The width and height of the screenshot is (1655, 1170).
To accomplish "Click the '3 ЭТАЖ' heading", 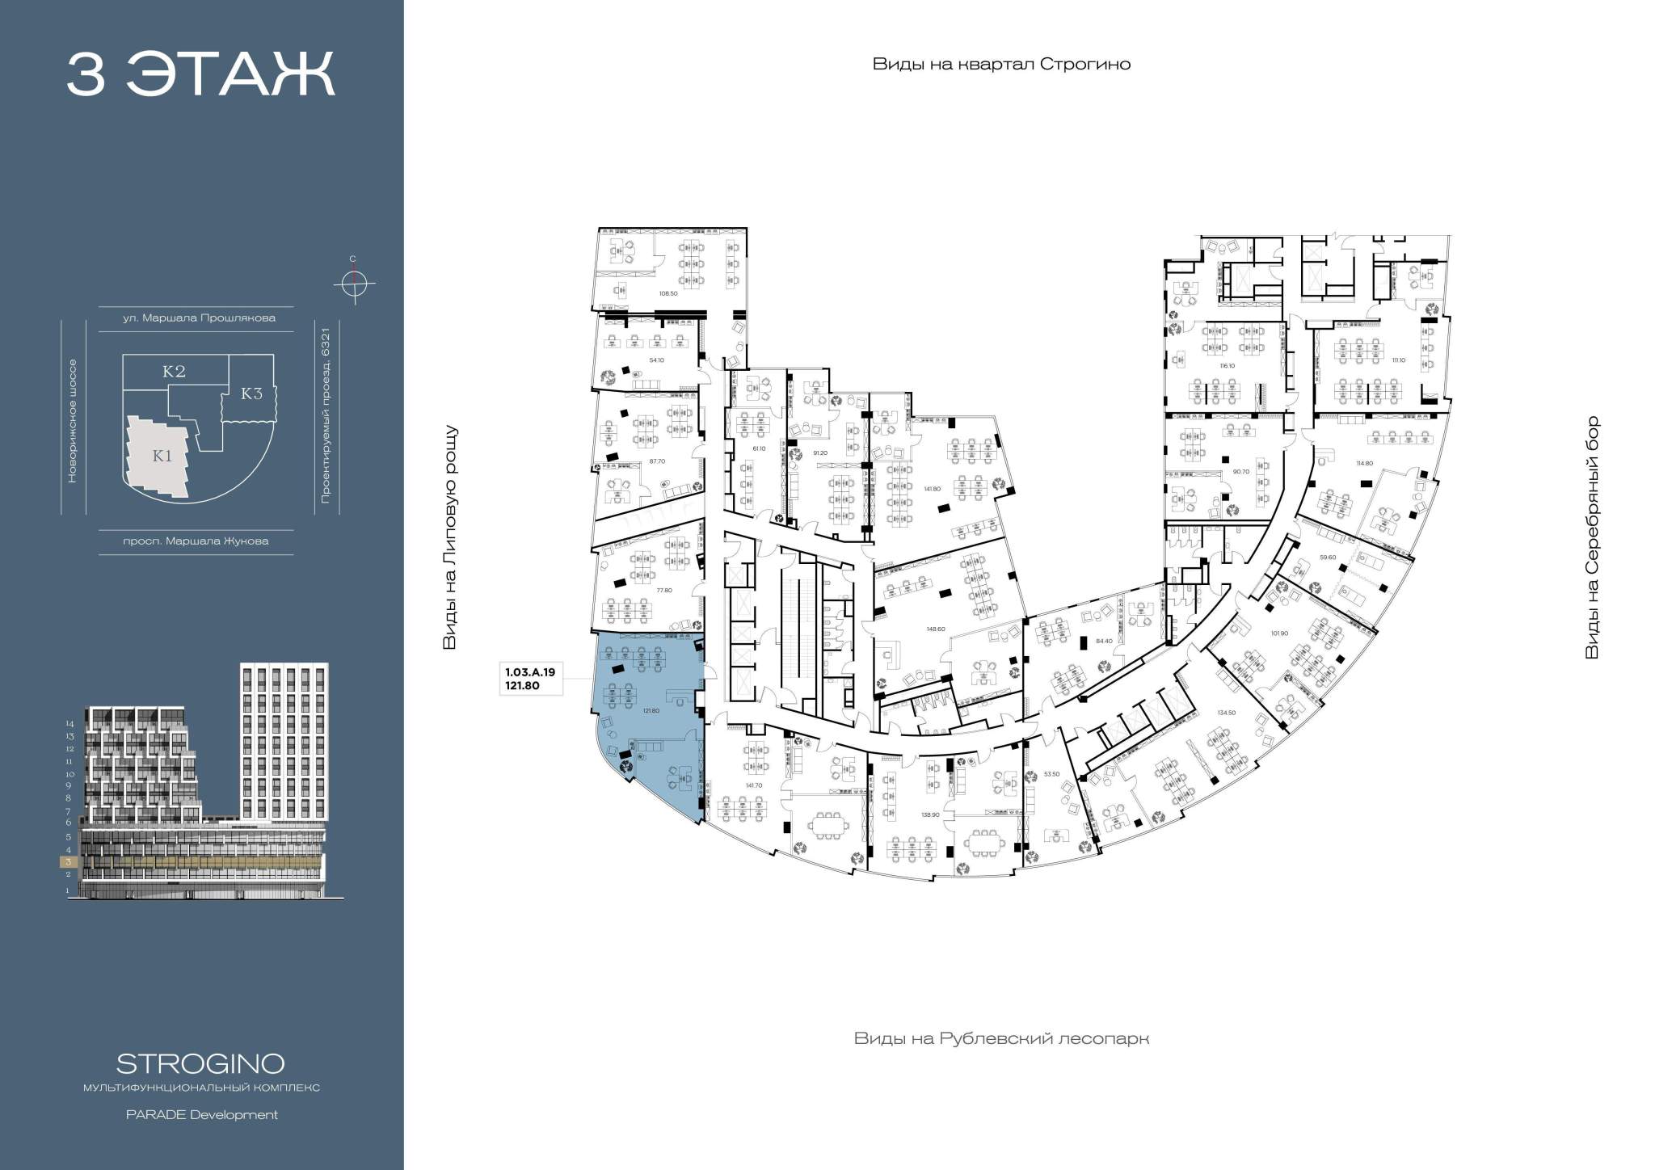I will pos(200,75).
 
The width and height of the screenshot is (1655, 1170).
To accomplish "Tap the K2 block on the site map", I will pos(175,371).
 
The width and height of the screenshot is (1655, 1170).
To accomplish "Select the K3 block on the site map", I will pos(252,394).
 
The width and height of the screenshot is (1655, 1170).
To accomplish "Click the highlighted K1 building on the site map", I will pos(162,456).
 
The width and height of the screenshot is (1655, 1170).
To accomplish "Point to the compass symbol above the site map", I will pos(353,283).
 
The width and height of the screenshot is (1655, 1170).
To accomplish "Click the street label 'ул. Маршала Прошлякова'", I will pos(199,318).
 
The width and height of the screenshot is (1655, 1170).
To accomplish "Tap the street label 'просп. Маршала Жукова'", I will pos(196,541).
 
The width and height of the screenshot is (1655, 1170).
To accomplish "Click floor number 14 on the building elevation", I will pos(69,724).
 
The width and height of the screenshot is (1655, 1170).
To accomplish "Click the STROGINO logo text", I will pos(200,1063).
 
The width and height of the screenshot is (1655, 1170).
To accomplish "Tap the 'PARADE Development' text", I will pos(201,1115).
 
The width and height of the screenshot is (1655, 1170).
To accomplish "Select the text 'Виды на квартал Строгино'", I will pos(1001,65).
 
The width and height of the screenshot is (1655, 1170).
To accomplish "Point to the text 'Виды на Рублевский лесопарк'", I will pos(1001,1038).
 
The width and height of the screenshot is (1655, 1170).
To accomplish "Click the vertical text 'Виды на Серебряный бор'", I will pos(1592,537).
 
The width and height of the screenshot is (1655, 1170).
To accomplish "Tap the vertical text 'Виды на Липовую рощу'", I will pos(450,537).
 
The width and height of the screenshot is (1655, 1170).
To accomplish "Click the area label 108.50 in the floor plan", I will pos(667,293).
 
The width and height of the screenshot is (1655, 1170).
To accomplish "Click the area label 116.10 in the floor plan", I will pos(1228,365).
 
